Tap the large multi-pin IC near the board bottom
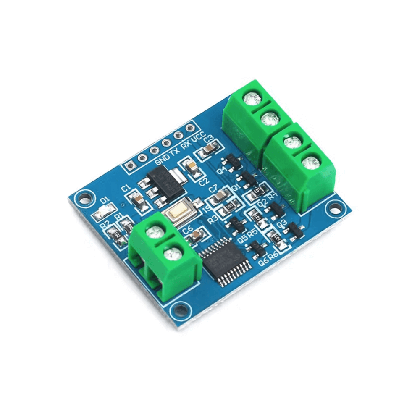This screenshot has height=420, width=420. [x=225, y=260]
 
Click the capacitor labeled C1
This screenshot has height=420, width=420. [x=136, y=199]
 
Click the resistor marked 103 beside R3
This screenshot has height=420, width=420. [x=229, y=207]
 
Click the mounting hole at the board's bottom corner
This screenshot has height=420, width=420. [x=181, y=310]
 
